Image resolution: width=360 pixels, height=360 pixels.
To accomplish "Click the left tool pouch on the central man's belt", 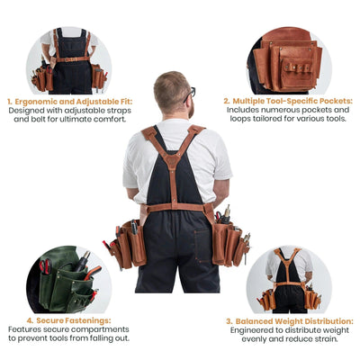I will click(x=126, y=245).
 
